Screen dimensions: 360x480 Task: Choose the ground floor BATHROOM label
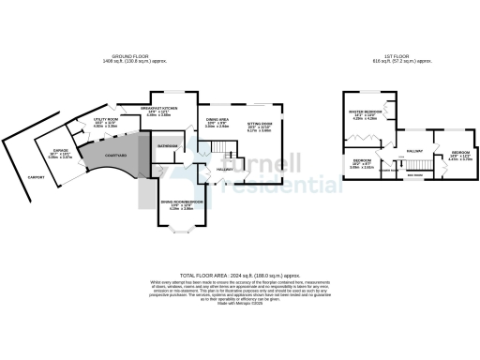click(169, 146)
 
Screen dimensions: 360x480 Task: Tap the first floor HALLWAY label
click(414, 151)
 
